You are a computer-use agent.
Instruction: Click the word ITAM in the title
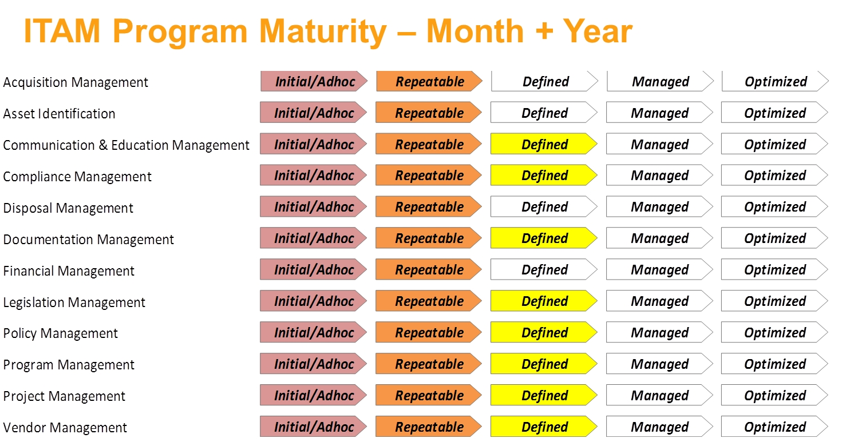click(x=62, y=31)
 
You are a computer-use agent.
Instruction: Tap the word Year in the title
click(x=598, y=31)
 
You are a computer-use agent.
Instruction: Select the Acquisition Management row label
click(x=76, y=82)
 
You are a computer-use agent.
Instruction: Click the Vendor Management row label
click(x=65, y=428)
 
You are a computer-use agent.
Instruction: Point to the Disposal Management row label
click(x=68, y=208)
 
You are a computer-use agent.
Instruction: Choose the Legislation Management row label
click(x=74, y=302)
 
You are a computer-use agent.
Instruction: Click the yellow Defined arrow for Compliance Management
click(x=544, y=176)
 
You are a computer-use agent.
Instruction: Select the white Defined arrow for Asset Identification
click(x=544, y=113)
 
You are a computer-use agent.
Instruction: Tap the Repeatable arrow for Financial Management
click(x=429, y=270)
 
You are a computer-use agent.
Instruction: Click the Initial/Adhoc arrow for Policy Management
click(x=314, y=332)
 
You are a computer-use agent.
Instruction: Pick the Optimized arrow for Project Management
click(x=774, y=396)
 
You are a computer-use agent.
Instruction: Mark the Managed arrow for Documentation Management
click(x=659, y=238)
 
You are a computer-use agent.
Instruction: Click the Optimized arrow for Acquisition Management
click(x=775, y=82)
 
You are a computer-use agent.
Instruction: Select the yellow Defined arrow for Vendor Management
click(x=544, y=427)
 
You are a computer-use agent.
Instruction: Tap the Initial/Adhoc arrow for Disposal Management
click(x=314, y=207)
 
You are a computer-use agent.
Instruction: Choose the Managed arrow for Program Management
click(x=659, y=364)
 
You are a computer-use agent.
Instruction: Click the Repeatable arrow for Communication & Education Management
click(x=429, y=144)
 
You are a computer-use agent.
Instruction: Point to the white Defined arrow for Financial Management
click(x=544, y=270)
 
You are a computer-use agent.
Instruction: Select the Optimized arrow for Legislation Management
click(x=774, y=301)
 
